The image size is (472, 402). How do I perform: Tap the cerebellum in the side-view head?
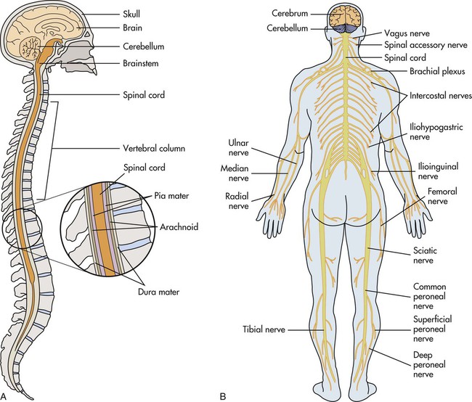pos(33,51)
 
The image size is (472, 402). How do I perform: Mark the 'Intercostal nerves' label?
pos(440,95)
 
